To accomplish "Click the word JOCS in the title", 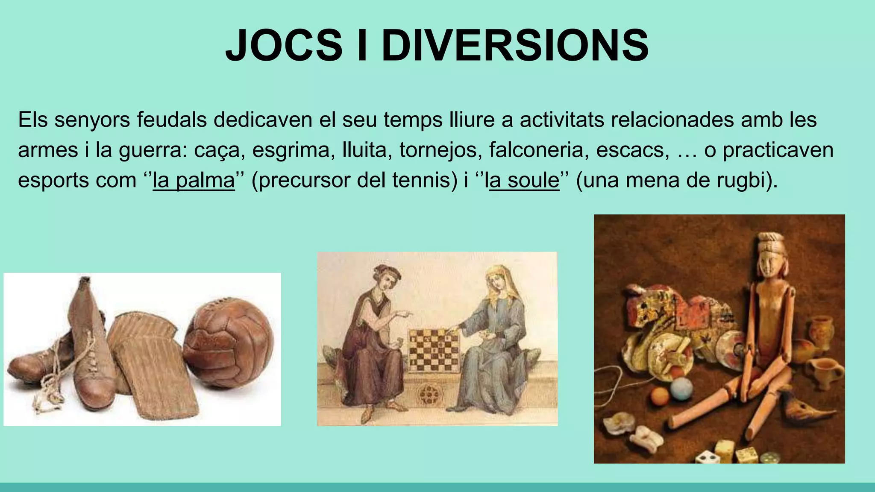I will pyautogui.click(x=284, y=45).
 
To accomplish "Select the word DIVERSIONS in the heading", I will pyautogui.click(x=515, y=45).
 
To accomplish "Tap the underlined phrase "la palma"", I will pyautogui.click(x=194, y=180).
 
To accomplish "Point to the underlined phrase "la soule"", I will pyautogui.click(x=524, y=180).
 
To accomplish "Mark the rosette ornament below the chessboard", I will pyautogui.click(x=428, y=394).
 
